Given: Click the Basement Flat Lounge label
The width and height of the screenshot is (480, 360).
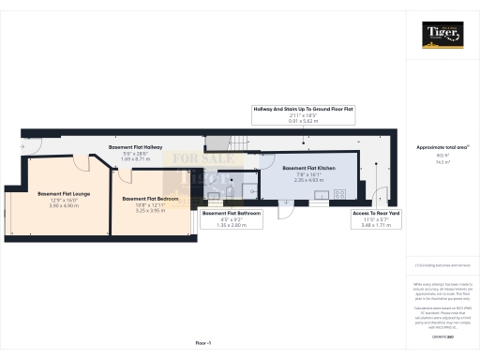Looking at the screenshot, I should pyautogui.click(x=64, y=194).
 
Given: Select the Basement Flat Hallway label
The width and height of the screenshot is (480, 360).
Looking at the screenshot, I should pyautogui.click(x=137, y=148).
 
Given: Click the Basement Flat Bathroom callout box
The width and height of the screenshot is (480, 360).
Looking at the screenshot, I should pyautogui.click(x=232, y=213).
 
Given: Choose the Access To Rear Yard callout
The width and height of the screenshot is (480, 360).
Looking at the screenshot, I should pyautogui.click(x=375, y=213).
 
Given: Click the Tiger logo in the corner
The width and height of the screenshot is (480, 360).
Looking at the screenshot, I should pyautogui.click(x=441, y=36).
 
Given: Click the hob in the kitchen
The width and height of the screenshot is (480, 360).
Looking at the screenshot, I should pyautogui.click(x=338, y=195).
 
